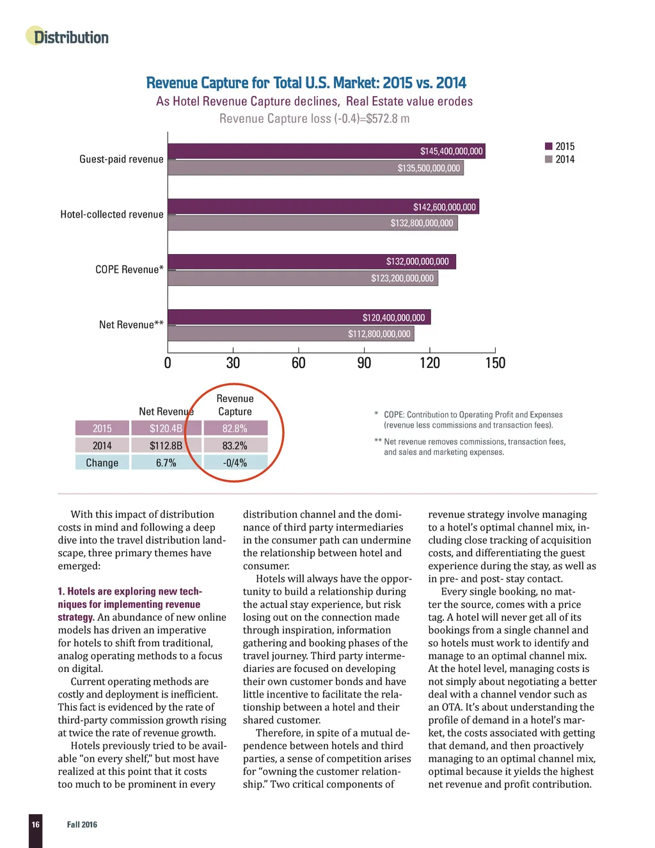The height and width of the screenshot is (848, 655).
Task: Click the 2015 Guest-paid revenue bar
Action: pyautogui.click(x=326, y=151)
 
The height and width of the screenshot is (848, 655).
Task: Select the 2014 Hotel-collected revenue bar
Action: pyautogui.click(x=313, y=223)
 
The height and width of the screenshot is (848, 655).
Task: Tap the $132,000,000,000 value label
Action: pyautogui.click(x=417, y=262)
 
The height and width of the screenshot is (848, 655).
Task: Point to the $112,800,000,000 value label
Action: pyautogui.click(x=379, y=334)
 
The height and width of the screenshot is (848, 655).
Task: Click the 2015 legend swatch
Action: pyautogui.click(x=548, y=147)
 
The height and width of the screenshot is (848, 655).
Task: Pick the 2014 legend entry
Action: pyautogui.click(x=560, y=159)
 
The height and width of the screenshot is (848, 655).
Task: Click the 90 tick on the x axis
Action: pyautogui.click(x=364, y=363)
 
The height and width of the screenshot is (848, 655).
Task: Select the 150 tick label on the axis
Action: pyautogui.click(x=495, y=363)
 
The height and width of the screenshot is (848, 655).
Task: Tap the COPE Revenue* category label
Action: pyautogui.click(x=129, y=269)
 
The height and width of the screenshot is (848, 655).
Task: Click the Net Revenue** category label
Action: pyautogui.click(x=131, y=324)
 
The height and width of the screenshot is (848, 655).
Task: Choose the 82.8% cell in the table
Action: pyautogui.click(x=235, y=428)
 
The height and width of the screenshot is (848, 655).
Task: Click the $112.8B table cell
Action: pyautogui.click(x=166, y=445)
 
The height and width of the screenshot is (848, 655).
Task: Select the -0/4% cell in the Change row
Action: pyautogui.click(x=235, y=463)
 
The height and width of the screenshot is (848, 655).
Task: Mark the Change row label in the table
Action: pyautogui.click(x=102, y=463)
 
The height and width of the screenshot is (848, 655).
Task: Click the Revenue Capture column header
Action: pyautogui.click(x=235, y=405)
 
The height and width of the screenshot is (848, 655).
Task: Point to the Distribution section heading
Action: pyautogui.click(x=71, y=37)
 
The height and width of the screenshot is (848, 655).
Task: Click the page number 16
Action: pyautogui.click(x=36, y=824)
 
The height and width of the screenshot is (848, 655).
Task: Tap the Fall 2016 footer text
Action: pyautogui.click(x=82, y=824)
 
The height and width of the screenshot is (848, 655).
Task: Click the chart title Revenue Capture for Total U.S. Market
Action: pyautogui.click(x=306, y=83)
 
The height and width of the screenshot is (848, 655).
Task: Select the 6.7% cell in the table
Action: pyautogui.click(x=166, y=463)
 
